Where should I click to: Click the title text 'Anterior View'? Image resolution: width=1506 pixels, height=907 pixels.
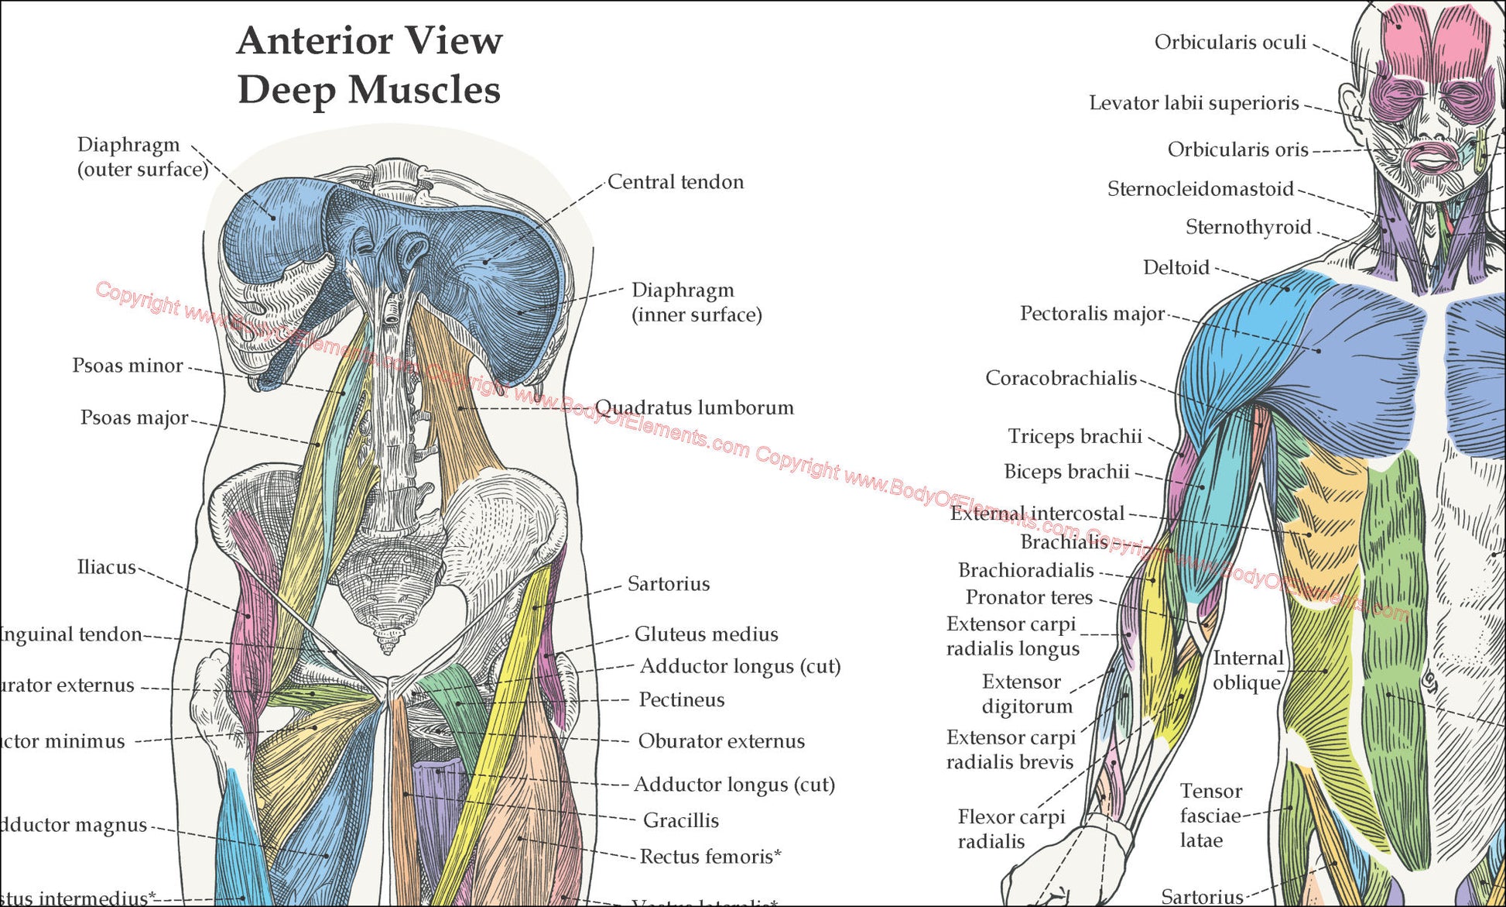tap(369, 41)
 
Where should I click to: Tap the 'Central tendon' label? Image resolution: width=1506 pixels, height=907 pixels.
tap(676, 182)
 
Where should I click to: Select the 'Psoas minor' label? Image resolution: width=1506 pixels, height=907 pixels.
tap(128, 366)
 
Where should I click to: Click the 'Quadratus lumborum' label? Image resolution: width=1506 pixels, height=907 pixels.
tap(694, 408)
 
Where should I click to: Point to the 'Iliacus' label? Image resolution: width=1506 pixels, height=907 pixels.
tap(106, 567)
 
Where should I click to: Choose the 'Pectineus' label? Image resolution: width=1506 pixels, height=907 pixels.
tap(681, 700)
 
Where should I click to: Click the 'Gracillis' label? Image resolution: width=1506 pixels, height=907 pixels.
tap(680, 820)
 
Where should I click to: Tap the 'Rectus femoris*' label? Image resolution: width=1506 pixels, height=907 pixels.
tap(710, 857)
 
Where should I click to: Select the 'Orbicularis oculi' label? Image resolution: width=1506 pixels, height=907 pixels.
tap(1230, 43)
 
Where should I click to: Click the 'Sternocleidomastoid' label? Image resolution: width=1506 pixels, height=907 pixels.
tap(1200, 189)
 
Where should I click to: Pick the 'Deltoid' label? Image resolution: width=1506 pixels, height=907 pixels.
tap(1176, 268)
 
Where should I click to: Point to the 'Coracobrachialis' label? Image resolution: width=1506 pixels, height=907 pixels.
tap(1060, 378)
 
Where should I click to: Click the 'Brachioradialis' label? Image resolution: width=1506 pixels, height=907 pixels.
tap(1025, 571)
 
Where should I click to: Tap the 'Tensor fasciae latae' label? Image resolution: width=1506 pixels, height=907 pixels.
tap(1210, 816)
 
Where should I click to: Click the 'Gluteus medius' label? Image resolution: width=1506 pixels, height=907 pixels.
tap(706, 634)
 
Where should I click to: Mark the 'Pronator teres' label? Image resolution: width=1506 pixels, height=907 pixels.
tap(1029, 598)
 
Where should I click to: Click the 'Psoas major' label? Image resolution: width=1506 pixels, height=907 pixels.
tap(135, 418)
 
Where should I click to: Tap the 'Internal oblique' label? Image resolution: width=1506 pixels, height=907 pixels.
tap(1247, 671)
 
